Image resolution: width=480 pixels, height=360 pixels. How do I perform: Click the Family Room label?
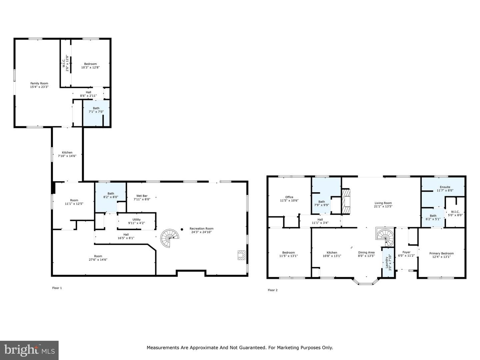[39, 83]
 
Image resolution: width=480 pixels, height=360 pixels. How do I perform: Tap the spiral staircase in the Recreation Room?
[169, 238]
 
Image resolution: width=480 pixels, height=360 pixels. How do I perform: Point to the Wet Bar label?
[142, 196]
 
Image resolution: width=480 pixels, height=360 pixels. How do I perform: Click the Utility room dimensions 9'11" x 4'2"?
[136, 223]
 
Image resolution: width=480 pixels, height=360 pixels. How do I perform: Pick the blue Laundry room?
[388, 262]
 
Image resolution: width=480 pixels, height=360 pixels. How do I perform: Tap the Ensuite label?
[445, 187]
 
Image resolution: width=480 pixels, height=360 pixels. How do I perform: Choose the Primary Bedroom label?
[442, 253]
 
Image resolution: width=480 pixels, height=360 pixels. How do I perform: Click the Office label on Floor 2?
[289, 197]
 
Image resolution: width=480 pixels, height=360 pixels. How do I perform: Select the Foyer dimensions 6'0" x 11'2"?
[406, 256]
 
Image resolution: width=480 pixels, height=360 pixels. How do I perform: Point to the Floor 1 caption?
[57, 288]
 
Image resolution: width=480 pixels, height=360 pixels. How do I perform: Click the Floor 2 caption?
[273, 290]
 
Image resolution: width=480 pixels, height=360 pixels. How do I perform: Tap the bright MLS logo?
[29, 350]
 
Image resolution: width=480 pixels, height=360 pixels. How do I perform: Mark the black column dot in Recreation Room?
[182, 229]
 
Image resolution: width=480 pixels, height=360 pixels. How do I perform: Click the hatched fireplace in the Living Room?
[346, 201]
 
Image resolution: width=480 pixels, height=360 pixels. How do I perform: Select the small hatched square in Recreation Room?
[241, 255]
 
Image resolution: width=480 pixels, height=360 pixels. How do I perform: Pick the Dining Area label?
[366, 252]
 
